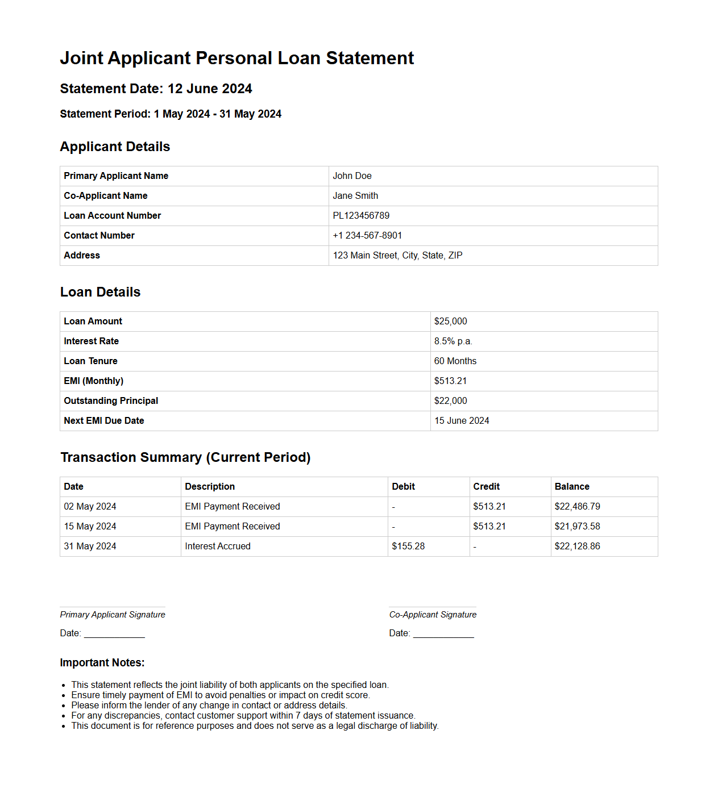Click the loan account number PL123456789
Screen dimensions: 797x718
click(361, 216)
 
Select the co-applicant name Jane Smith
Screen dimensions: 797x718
click(355, 196)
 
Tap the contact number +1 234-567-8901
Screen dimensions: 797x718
click(367, 236)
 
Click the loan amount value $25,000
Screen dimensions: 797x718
click(450, 322)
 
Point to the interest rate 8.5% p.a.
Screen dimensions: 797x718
click(453, 341)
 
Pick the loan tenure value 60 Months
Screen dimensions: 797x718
click(455, 361)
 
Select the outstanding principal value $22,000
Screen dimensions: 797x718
click(450, 401)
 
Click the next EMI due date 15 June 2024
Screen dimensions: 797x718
click(462, 421)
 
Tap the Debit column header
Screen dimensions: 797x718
click(403, 487)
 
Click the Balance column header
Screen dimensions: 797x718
click(572, 487)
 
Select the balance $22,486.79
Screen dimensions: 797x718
click(577, 507)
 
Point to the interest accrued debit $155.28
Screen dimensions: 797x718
click(408, 546)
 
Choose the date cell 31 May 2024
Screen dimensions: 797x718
click(90, 546)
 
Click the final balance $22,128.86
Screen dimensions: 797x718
click(577, 546)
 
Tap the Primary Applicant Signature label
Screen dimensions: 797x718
click(113, 615)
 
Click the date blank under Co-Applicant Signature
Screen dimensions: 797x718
click(443, 633)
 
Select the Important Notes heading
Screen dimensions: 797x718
click(102, 663)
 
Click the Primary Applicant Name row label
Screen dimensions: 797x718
click(116, 176)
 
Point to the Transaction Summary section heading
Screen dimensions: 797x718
click(185, 458)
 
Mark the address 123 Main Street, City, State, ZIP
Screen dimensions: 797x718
click(397, 256)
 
